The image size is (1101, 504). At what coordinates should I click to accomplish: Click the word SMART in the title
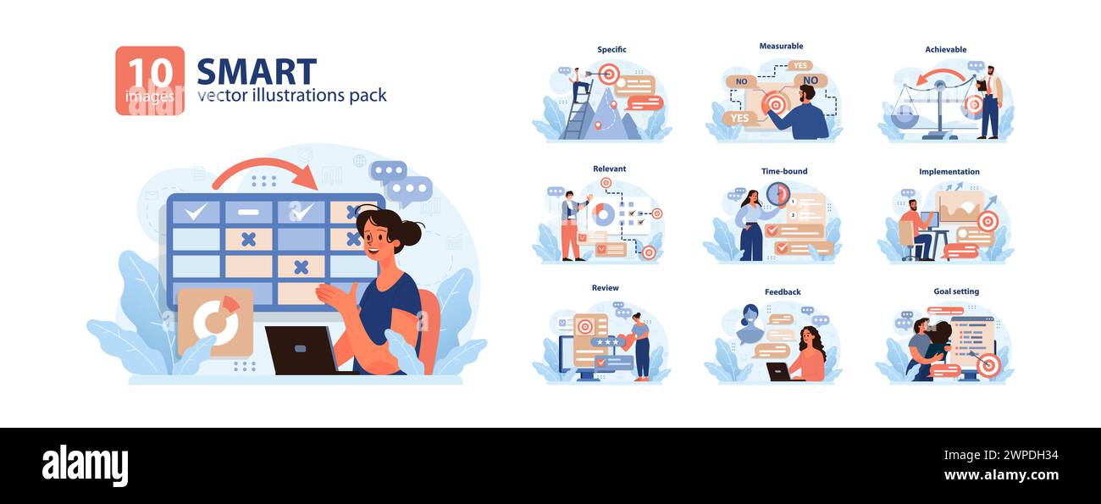click(257, 71)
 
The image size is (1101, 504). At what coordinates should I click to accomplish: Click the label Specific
click(611, 50)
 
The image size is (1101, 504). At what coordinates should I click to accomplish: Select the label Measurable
click(781, 46)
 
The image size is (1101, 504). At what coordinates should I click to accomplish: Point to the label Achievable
click(945, 50)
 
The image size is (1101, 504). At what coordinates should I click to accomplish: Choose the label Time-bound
click(784, 171)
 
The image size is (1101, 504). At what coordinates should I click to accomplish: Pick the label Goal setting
click(956, 291)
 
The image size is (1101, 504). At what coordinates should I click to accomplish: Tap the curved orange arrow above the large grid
click(265, 173)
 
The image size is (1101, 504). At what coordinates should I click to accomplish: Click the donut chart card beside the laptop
click(215, 321)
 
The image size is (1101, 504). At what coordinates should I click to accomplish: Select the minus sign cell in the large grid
click(248, 212)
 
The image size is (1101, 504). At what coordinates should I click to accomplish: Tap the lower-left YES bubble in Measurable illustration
click(739, 118)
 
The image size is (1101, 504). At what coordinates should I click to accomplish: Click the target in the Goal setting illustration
click(988, 364)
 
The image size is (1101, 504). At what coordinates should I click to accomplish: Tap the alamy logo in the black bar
click(85, 465)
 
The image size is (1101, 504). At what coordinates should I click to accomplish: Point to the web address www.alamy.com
click(999, 475)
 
